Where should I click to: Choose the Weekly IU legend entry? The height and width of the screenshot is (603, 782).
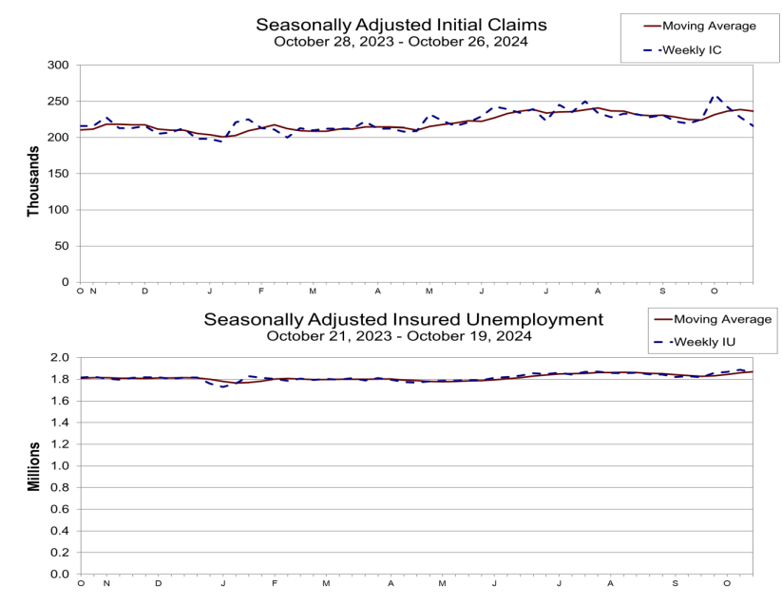[x=704, y=342]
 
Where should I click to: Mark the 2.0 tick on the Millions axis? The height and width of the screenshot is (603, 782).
[x=61, y=358]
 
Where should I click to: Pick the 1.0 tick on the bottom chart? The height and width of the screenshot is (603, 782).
[x=61, y=466]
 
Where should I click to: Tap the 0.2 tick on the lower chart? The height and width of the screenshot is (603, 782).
[x=61, y=553]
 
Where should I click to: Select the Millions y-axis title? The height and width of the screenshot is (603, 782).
[x=33, y=465]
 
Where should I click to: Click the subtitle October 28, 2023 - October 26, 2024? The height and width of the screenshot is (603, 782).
[x=399, y=42]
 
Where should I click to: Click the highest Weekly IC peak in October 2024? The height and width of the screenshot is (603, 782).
[x=715, y=96]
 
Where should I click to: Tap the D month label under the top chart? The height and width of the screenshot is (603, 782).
[x=145, y=291]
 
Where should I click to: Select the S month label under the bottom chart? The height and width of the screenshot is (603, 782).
[x=676, y=582]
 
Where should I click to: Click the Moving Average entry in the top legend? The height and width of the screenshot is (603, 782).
[x=708, y=26]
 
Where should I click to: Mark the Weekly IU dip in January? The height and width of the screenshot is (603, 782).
[x=223, y=386]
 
